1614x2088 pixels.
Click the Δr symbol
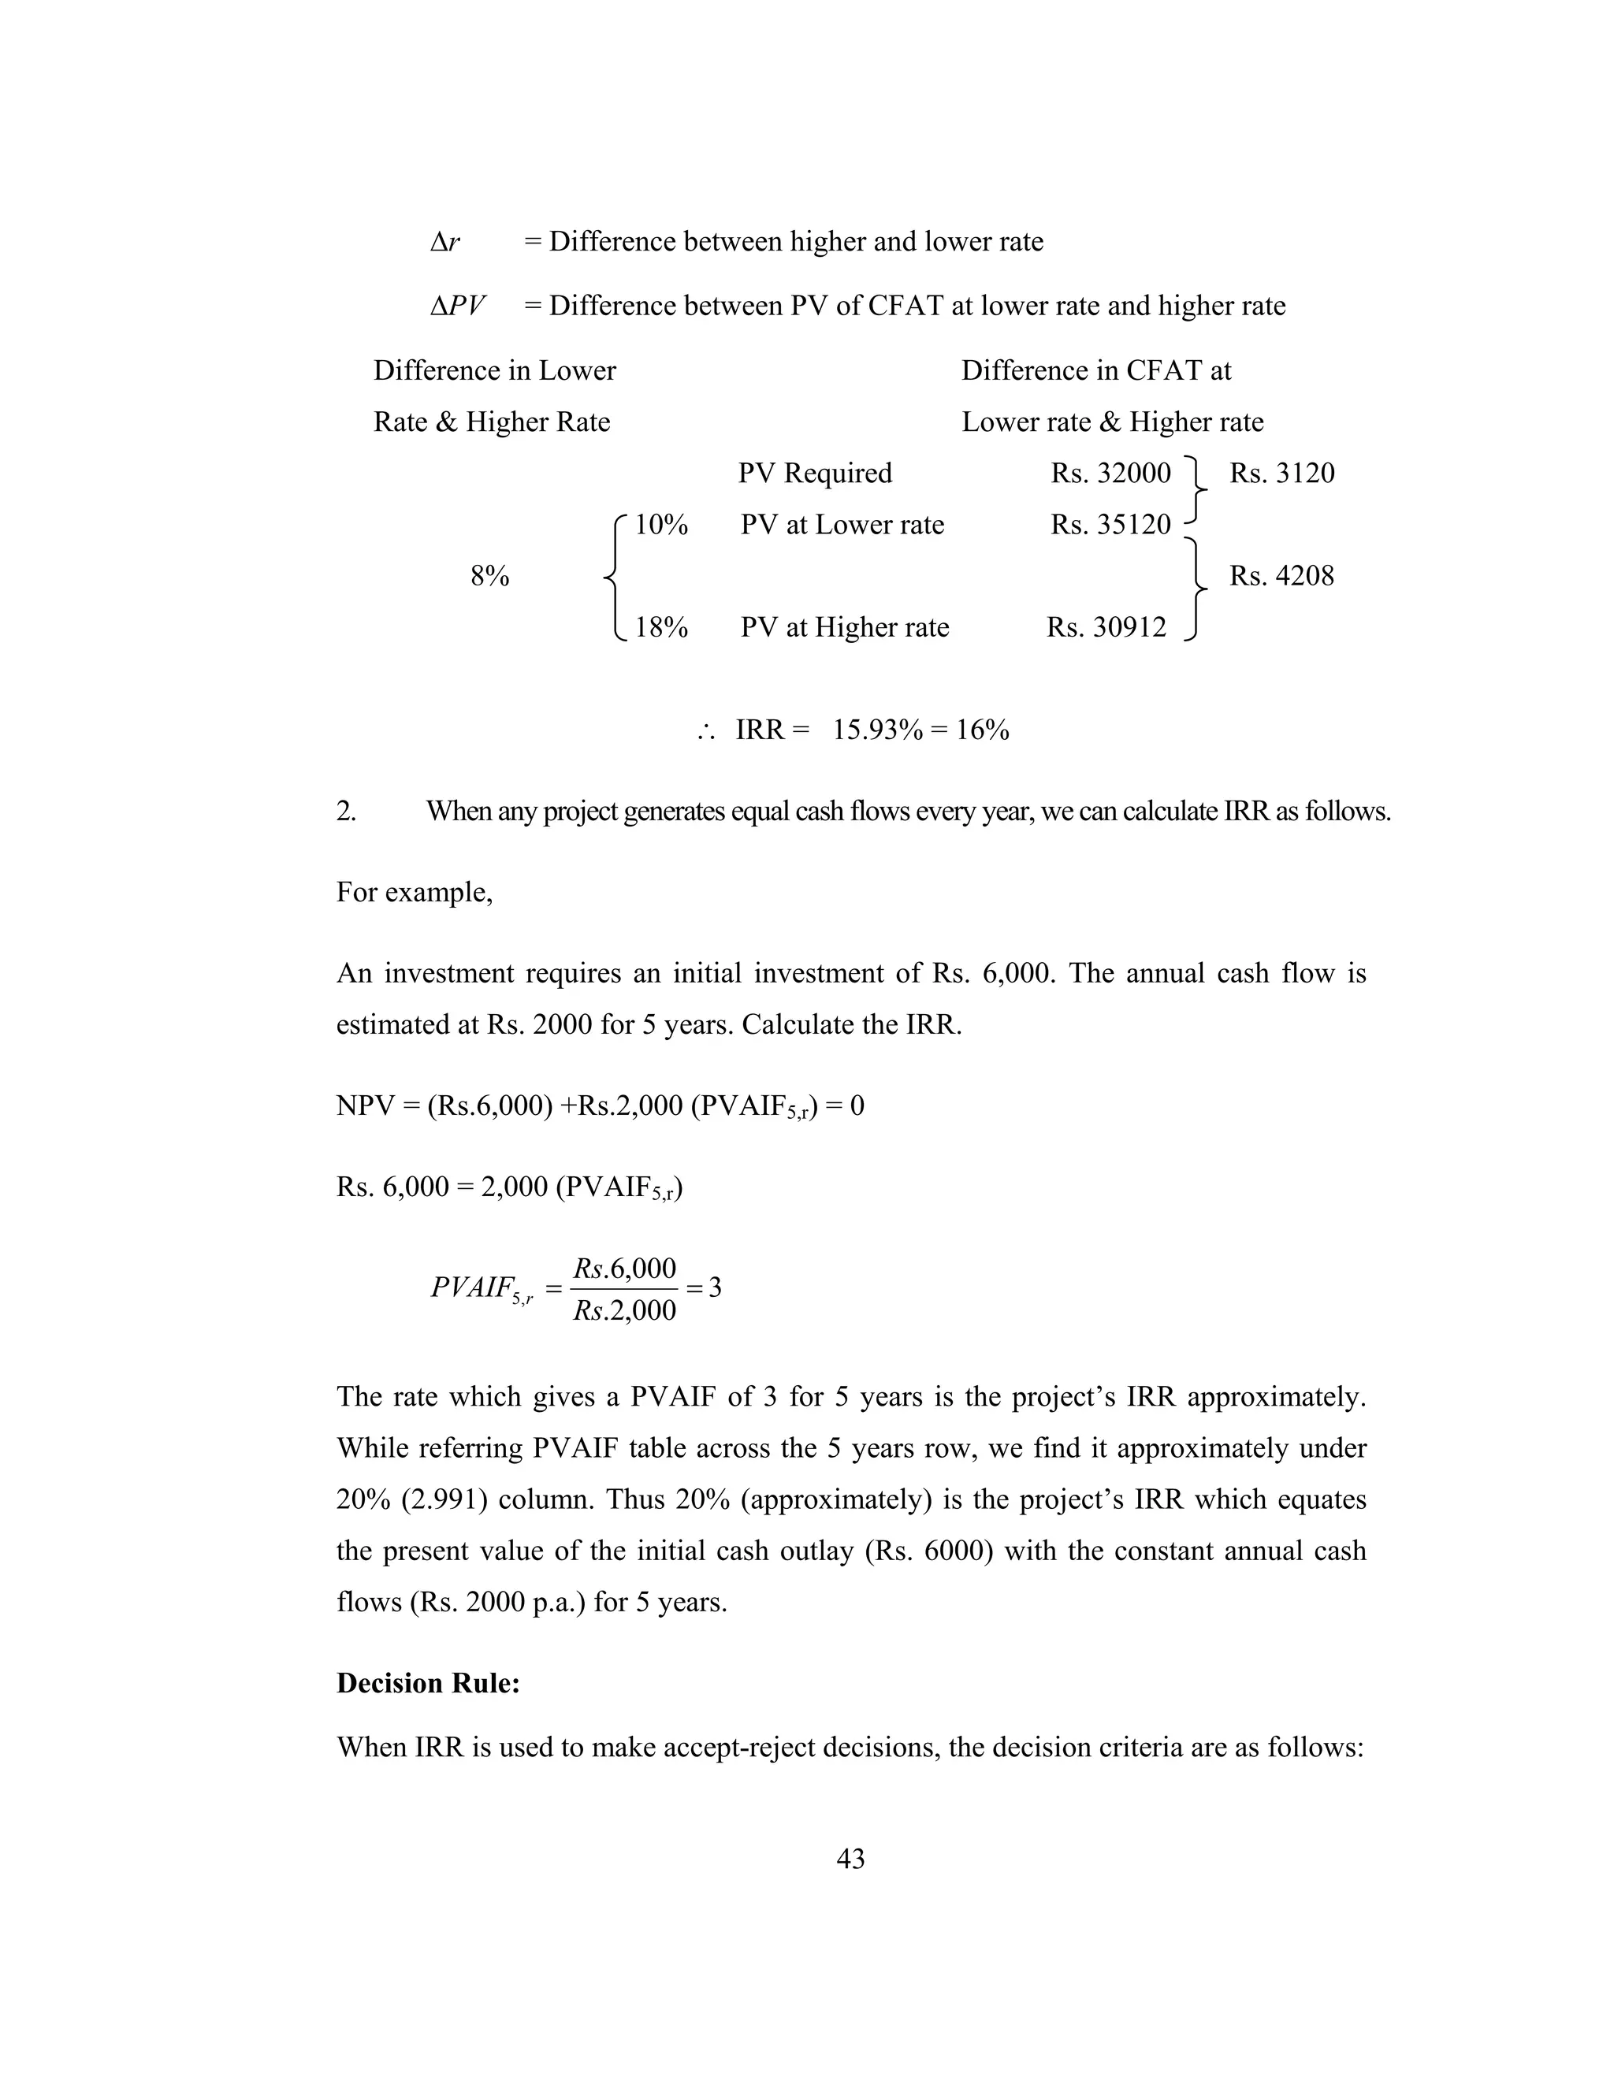(x=444, y=242)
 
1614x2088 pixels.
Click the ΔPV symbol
(x=457, y=306)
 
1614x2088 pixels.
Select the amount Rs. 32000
(x=1110, y=474)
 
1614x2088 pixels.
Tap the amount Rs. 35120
(x=1110, y=525)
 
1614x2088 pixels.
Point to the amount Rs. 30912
(x=1106, y=628)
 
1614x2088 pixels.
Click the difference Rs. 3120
(x=1281, y=474)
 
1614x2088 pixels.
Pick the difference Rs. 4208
(x=1281, y=577)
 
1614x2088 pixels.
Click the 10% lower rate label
(x=660, y=525)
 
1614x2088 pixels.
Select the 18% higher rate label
(x=660, y=628)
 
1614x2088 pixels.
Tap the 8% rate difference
(x=489, y=577)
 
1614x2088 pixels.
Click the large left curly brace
(x=614, y=577)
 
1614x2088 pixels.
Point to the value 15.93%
(x=878, y=730)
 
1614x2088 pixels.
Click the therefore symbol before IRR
(x=707, y=732)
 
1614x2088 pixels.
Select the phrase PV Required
(x=815, y=474)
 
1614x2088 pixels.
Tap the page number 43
(x=850, y=1859)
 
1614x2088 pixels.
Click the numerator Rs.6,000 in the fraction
(x=624, y=1269)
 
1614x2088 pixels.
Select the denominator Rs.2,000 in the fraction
(x=624, y=1311)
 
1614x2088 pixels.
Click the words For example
(x=414, y=893)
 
